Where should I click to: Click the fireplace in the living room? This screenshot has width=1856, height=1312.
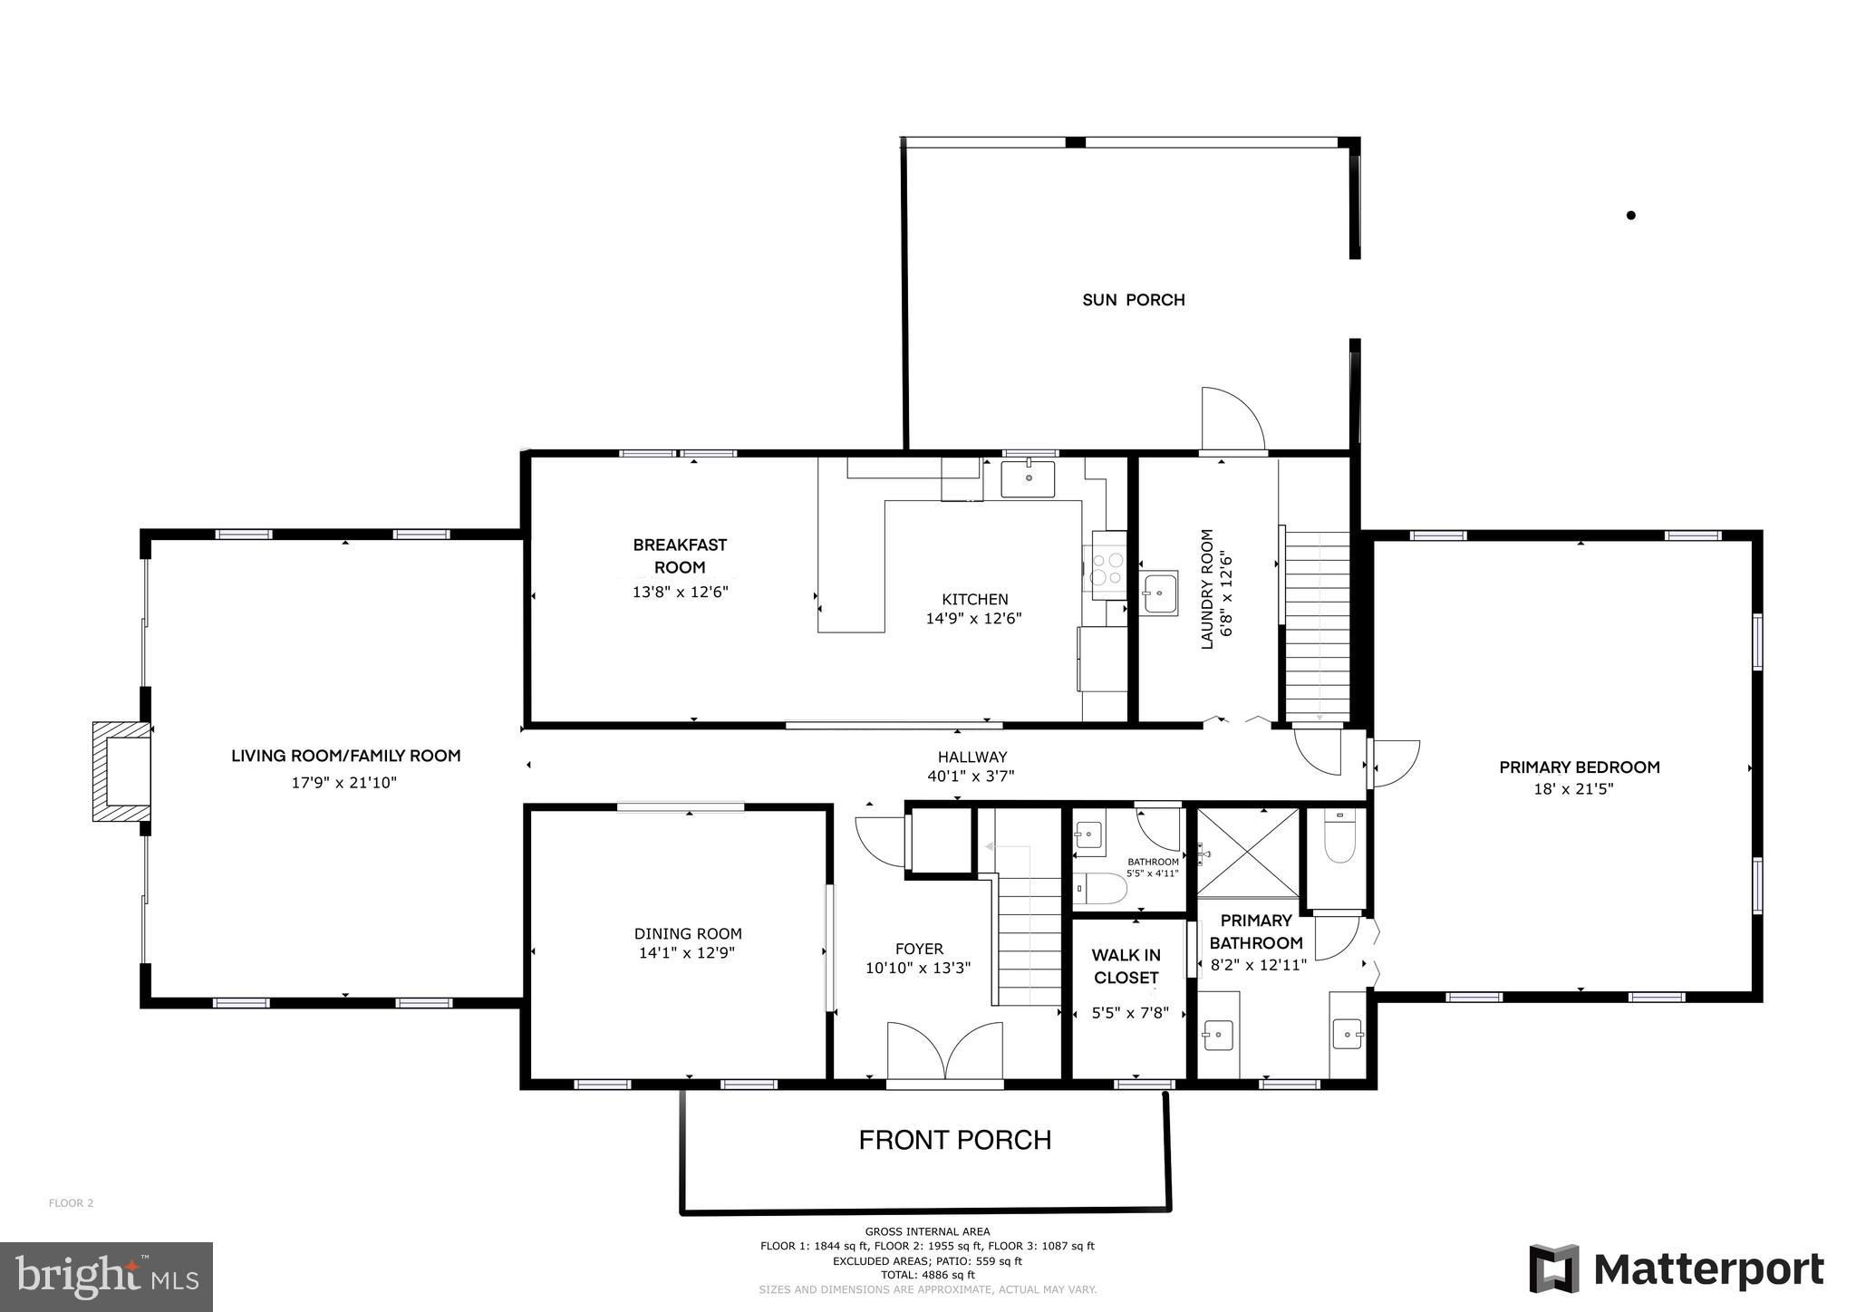click(x=121, y=771)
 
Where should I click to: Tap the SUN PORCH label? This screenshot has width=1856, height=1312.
click(x=1133, y=300)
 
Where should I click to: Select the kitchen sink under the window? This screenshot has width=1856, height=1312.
click(x=1028, y=478)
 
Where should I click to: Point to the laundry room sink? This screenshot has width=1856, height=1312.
click(x=1158, y=594)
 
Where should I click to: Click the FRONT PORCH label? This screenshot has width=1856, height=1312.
click(x=955, y=1140)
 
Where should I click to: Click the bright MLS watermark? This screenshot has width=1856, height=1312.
click(x=106, y=1277)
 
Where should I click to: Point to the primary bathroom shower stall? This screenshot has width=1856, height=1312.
click(x=1248, y=852)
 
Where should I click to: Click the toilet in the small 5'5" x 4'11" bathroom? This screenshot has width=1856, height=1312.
click(x=1099, y=890)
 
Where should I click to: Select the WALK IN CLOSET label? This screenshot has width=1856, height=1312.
click(x=1126, y=966)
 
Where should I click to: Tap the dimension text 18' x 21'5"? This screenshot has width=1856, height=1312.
click(x=1573, y=789)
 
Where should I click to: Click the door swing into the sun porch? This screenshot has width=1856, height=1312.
click(x=1232, y=419)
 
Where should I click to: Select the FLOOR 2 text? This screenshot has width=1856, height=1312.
click(x=71, y=1203)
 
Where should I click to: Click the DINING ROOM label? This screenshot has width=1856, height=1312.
click(x=688, y=933)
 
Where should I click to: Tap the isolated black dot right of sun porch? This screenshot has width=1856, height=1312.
click(x=1631, y=216)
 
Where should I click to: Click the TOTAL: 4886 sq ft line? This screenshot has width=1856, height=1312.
click(x=927, y=1275)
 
